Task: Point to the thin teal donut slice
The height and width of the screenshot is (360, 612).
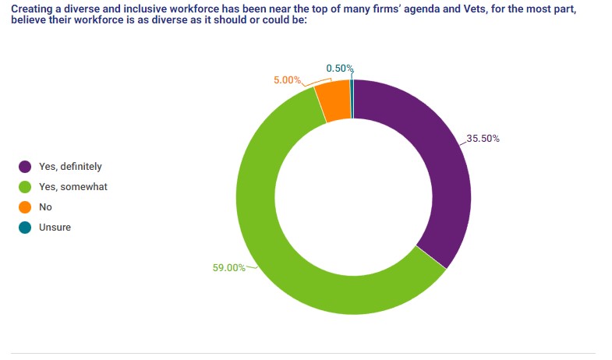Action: [352, 99]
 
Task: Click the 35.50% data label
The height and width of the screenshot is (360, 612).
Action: [483, 139]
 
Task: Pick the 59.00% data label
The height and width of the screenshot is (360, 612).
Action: [228, 267]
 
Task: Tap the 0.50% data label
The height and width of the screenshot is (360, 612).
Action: [340, 69]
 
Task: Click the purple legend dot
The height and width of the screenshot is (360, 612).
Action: [25, 166]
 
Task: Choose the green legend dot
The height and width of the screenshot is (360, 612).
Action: [25, 186]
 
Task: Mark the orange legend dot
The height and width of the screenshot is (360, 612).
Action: [25, 207]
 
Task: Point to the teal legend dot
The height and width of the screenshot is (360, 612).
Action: [25, 228]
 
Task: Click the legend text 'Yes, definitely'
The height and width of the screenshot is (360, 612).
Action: [70, 166]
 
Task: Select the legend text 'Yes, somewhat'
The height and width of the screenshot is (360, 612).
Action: [73, 186]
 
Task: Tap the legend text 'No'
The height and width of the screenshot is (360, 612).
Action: [45, 207]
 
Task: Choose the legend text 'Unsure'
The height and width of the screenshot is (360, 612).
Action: [55, 228]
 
